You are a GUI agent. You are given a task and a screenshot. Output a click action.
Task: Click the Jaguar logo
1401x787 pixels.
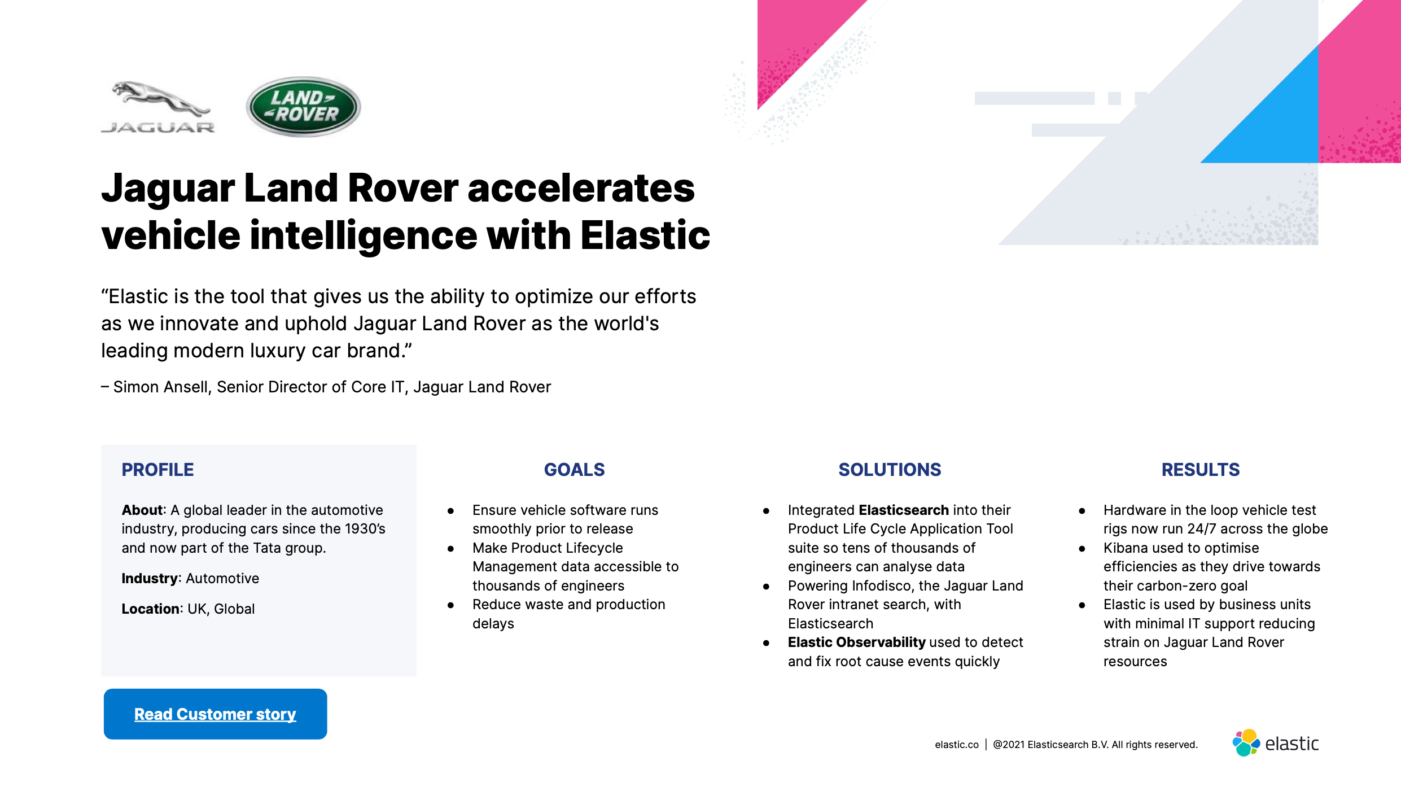click(158, 107)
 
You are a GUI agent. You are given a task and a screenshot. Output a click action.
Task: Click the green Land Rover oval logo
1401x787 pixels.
click(304, 107)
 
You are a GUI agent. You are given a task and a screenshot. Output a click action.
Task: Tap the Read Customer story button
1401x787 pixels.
click(215, 714)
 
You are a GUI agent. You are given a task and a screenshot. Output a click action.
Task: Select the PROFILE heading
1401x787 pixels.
click(157, 470)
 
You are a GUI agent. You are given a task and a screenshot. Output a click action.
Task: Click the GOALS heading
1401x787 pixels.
click(574, 470)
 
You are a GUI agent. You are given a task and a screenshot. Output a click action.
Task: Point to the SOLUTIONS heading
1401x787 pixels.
click(890, 470)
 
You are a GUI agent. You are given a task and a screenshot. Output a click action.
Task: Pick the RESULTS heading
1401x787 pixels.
click(1201, 470)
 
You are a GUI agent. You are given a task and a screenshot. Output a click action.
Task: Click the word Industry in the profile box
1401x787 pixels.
click(150, 579)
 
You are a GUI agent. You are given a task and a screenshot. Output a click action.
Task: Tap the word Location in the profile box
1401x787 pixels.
click(151, 609)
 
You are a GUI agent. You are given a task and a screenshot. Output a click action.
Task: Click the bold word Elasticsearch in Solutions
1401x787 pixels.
click(904, 510)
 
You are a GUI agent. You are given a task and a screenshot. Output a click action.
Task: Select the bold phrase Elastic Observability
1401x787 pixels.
click(856, 642)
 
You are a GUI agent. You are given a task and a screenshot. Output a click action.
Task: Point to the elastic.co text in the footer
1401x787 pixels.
click(957, 745)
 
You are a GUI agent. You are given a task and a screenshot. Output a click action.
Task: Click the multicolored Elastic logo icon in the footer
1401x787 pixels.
click(1246, 743)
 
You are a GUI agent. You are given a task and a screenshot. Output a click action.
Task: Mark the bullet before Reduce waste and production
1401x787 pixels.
click(450, 605)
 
